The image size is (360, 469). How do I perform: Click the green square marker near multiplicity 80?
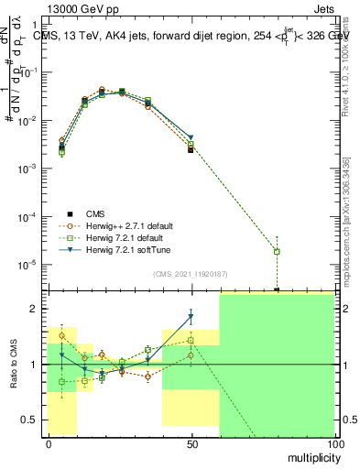point(277,251)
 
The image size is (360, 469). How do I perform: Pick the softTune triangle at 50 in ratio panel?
point(191,318)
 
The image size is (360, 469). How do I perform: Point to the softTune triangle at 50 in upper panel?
point(191,138)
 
